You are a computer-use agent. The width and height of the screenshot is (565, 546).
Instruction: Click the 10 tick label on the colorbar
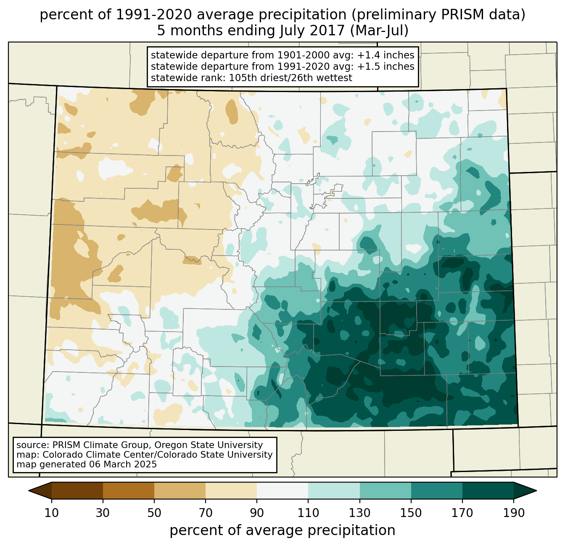coord(52,513)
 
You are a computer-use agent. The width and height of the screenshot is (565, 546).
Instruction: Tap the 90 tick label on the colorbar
coord(257,513)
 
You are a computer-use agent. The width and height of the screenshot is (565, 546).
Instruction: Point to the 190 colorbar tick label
coord(514,513)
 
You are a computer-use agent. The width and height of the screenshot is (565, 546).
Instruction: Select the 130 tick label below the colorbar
coord(359,513)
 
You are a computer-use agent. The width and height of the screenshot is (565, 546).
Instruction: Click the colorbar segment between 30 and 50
coord(129,491)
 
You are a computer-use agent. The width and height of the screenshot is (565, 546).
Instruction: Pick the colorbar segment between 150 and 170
coord(437,491)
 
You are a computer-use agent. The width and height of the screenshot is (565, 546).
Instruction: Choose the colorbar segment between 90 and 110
coord(282,491)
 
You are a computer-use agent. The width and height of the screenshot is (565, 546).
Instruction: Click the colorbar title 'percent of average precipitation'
coord(282,530)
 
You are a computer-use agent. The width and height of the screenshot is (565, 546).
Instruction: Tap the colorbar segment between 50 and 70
coord(180,491)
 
